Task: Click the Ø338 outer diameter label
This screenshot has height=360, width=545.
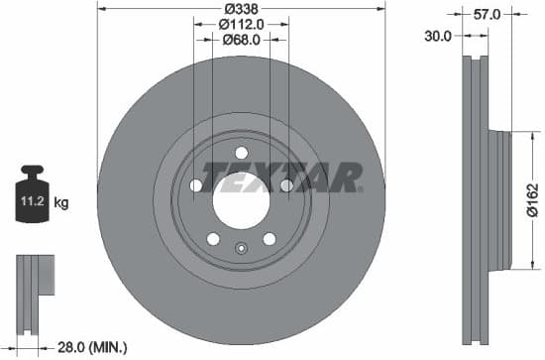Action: click(241, 9)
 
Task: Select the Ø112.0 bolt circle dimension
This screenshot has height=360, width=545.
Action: click(241, 24)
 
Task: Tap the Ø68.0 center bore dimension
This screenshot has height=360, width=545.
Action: click(241, 40)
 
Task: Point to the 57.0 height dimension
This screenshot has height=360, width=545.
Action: click(488, 14)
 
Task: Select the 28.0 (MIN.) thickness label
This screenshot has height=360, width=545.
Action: click(92, 346)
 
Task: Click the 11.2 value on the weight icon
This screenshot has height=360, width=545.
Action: click(32, 202)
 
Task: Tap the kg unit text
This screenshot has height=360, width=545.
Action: click(61, 203)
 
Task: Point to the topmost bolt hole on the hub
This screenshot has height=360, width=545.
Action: click(241, 152)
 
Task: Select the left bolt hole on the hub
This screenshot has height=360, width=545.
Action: click(195, 185)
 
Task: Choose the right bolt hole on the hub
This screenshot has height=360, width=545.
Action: click(286, 185)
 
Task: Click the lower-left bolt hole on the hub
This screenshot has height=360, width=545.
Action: click(212, 238)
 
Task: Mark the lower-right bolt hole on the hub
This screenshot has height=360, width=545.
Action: click(269, 238)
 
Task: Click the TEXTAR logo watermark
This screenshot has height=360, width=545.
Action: click(281, 177)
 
